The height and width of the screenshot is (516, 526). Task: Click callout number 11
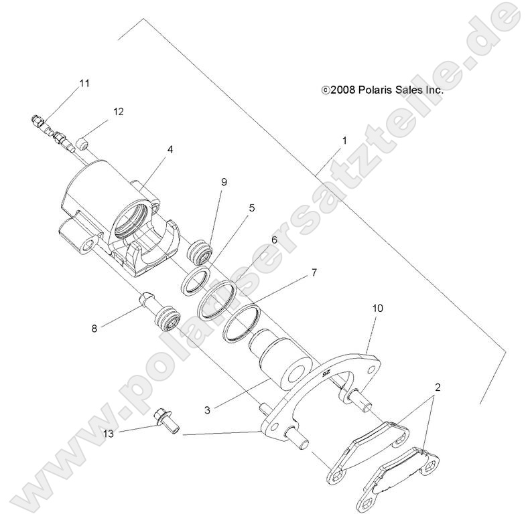tap(84, 84)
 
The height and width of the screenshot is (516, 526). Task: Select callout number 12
tap(118, 112)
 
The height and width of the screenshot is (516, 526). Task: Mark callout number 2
tap(438, 387)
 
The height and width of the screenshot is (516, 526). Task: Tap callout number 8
tap(95, 328)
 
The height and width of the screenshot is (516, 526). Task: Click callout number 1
tap(344, 141)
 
